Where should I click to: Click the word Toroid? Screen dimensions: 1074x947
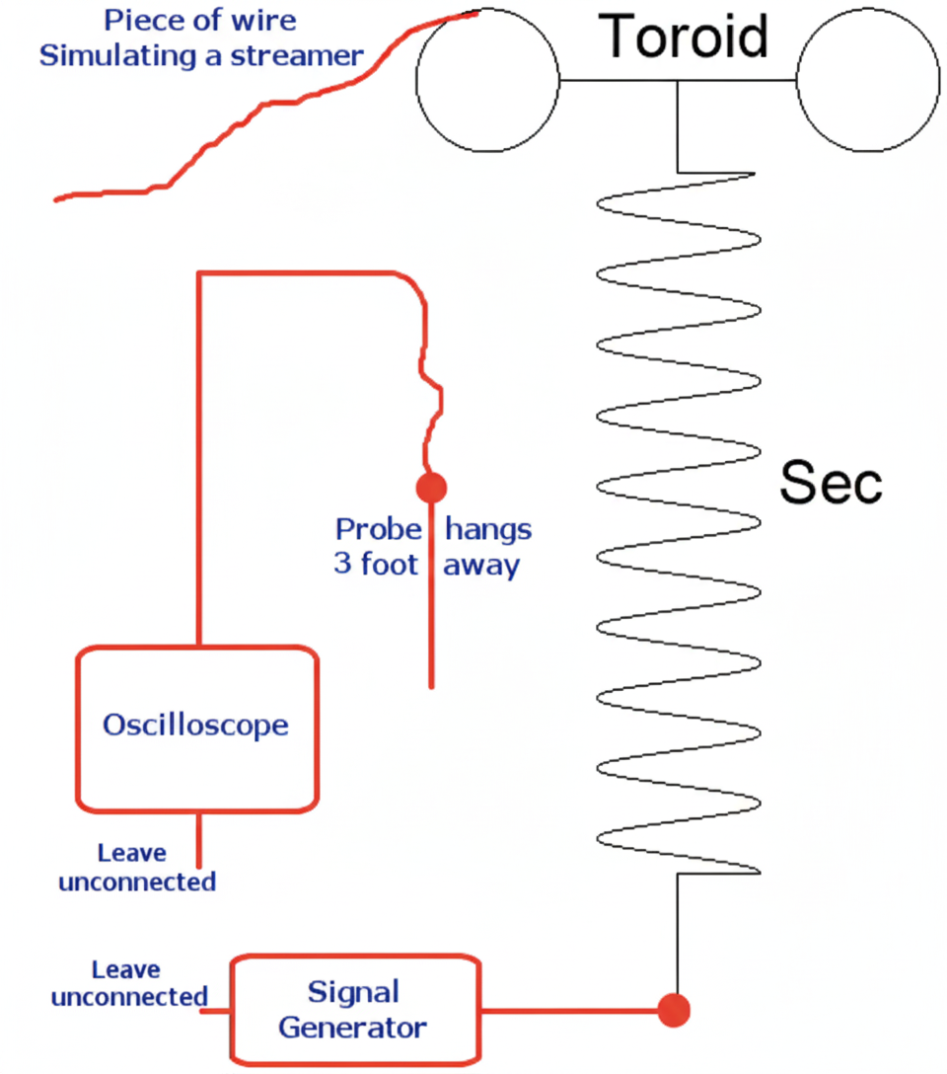685,37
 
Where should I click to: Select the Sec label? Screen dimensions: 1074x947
831,484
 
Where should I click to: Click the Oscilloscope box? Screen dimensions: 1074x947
197,729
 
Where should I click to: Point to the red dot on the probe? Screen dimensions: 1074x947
431,487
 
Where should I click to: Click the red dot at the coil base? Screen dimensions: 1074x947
675,1010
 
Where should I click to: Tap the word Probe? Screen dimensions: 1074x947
379,530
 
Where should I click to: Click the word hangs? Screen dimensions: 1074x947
488,530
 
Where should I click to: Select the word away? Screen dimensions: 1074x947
480,567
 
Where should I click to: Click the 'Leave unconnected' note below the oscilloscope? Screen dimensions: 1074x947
136,867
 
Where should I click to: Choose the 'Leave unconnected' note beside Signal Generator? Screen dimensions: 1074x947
128,983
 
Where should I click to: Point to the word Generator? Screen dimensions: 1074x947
352,1027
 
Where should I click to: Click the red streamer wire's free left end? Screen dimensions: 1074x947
57,199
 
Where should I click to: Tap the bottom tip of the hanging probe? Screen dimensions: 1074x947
432,684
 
